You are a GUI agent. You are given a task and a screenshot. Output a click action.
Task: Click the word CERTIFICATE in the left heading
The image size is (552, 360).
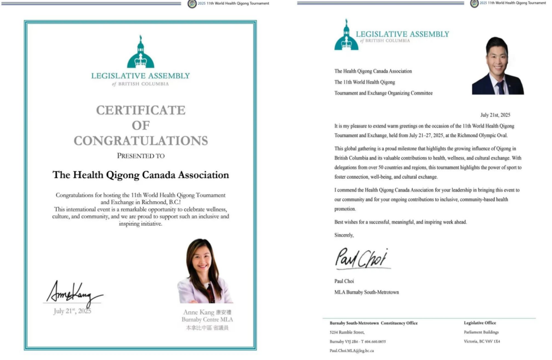(x=141, y=111)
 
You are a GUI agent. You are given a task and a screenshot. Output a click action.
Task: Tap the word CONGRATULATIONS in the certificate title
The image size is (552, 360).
(x=141, y=141)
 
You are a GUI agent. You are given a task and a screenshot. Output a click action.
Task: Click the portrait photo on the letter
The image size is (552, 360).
(x=498, y=66)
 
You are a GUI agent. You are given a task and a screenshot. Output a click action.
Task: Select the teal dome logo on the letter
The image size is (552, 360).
(x=346, y=35)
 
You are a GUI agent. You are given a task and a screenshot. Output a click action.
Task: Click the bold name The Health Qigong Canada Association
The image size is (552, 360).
(x=141, y=175)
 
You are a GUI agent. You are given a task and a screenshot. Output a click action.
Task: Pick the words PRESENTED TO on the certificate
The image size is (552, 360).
(x=141, y=155)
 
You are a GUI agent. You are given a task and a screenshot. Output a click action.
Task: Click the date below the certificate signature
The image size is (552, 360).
(x=72, y=311)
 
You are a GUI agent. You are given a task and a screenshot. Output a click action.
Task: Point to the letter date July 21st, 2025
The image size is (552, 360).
(x=495, y=115)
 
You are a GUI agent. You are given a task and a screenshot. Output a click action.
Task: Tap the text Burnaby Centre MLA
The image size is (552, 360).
(x=207, y=320)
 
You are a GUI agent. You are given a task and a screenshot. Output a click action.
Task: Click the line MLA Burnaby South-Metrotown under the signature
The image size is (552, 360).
(x=366, y=292)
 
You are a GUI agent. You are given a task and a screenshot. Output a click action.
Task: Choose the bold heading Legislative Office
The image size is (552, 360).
(x=479, y=323)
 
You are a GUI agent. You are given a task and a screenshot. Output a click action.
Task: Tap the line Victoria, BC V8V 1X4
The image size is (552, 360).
(x=482, y=341)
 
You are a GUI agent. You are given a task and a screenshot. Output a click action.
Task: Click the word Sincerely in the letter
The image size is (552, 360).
(x=344, y=235)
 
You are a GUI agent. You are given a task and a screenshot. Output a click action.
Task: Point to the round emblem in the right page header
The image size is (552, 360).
(x=475, y=3)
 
